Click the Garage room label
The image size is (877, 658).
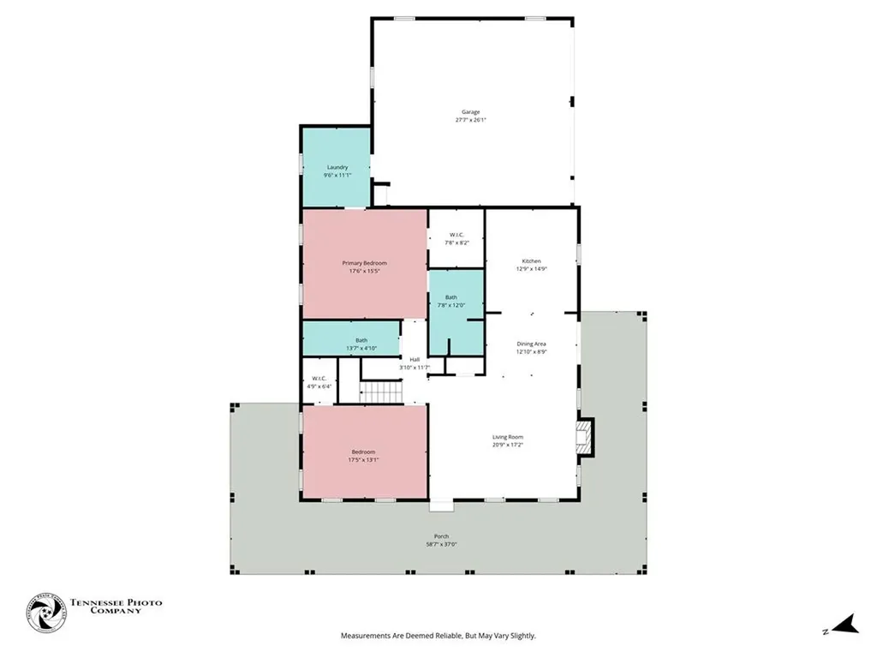pyautogui.click(x=470, y=112)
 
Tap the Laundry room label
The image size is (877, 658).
pyautogui.click(x=337, y=167)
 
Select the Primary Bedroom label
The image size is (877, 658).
pyautogui.click(x=364, y=263)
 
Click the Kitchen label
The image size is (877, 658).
pyautogui.click(x=532, y=261)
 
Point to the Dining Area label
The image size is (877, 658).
pyautogui.click(x=531, y=344)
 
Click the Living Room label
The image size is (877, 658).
pyautogui.click(x=507, y=437)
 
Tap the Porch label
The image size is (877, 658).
pyautogui.click(x=441, y=536)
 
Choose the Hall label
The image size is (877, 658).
pyautogui.click(x=415, y=359)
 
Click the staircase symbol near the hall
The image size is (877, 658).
pyautogui.click(x=379, y=392)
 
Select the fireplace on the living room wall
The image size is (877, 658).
pyautogui.click(x=584, y=434)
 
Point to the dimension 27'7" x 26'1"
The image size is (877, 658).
pyautogui.click(x=470, y=121)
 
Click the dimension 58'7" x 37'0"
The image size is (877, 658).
pyautogui.click(x=441, y=545)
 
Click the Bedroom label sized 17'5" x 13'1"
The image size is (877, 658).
pyautogui.click(x=362, y=452)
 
